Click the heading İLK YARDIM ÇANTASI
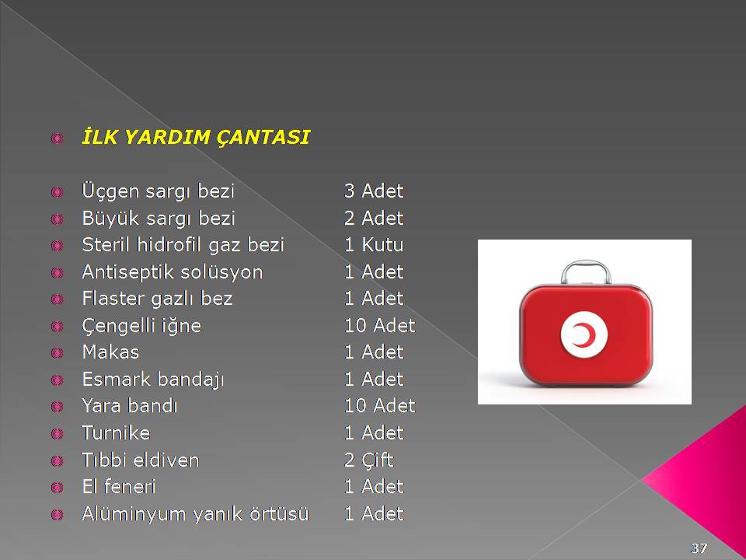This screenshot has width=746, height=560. [x=196, y=137]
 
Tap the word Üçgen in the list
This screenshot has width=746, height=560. [x=110, y=191]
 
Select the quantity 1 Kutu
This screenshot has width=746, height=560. [x=374, y=245]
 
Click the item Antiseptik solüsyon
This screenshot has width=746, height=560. [x=173, y=272]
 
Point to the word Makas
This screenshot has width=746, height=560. [x=110, y=352]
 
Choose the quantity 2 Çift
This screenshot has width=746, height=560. [x=368, y=460]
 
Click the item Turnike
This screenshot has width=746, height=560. [x=116, y=433]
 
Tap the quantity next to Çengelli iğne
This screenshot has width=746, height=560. [x=380, y=326]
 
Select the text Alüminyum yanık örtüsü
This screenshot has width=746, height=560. [x=195, y=514]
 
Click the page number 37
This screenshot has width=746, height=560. [x=699, y=548]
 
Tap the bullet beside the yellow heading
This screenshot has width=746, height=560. [x=57, y=138]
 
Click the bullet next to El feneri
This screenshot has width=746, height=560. [x=57, y=488]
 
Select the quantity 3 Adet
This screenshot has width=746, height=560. [x=374, y=191]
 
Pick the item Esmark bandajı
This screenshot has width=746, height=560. [x=153, y=380]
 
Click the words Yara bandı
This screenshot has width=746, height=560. [x=130, y=406]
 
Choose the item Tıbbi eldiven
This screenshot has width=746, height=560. [x=141, y=460]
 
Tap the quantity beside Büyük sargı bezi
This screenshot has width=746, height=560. [x=374, y=218]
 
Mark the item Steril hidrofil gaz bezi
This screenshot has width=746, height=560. [x=183, y=245]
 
